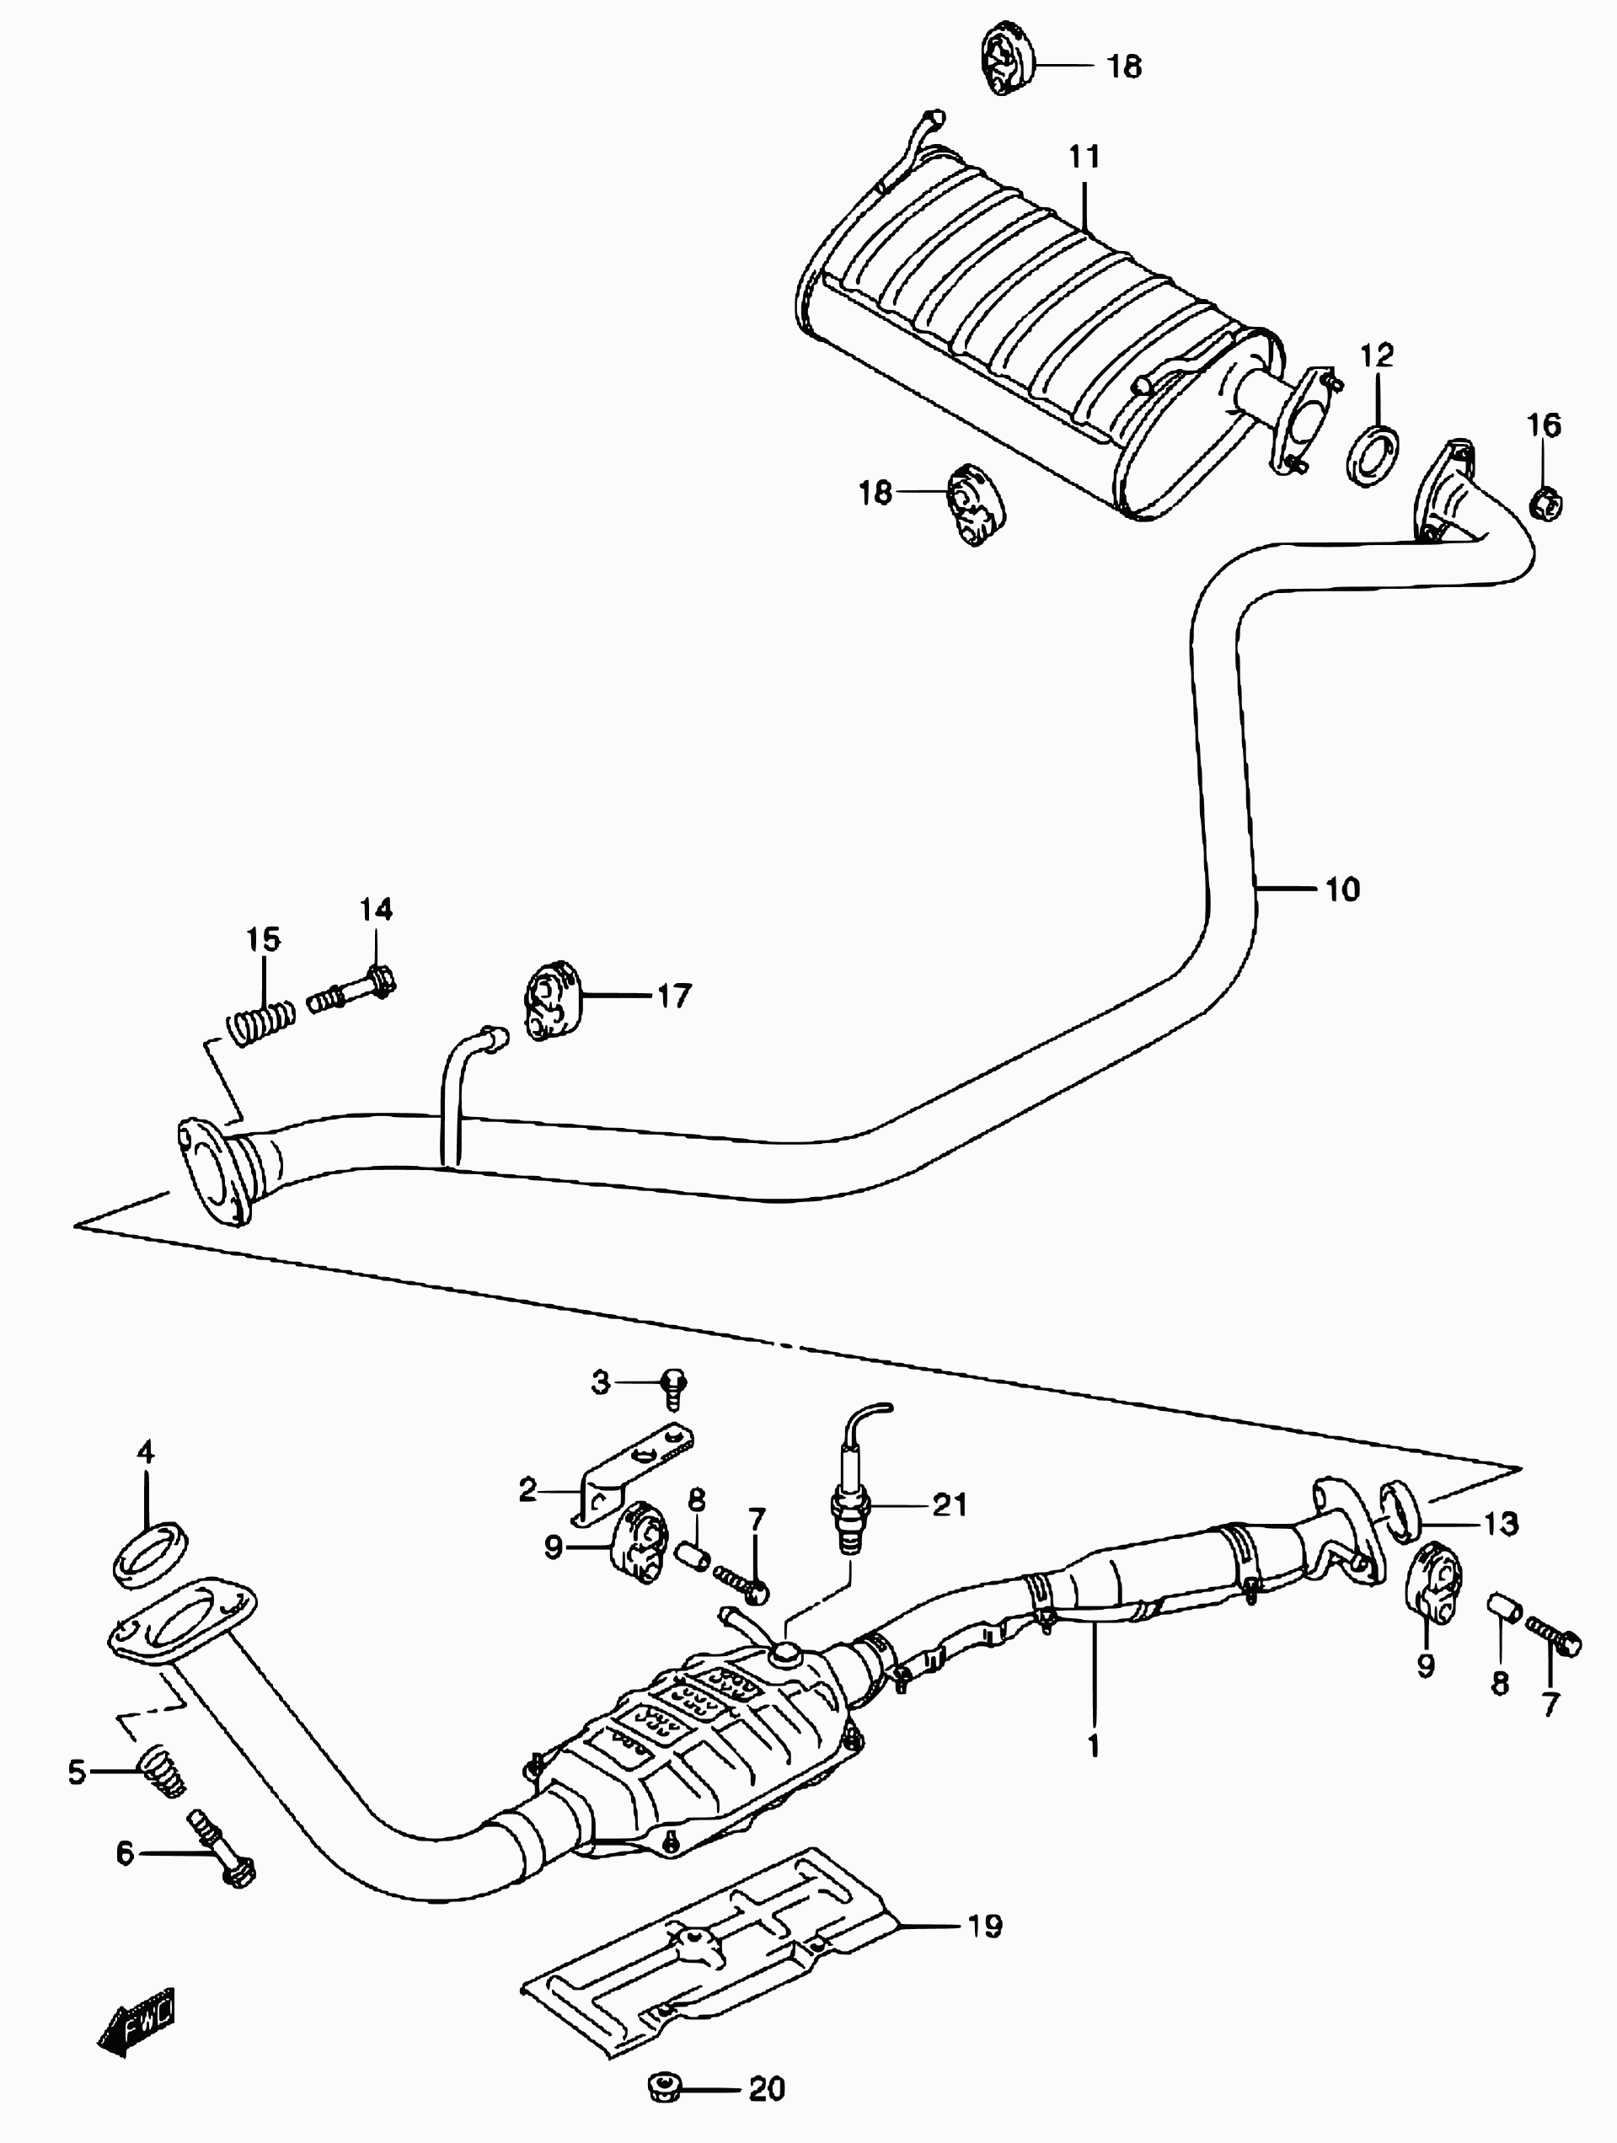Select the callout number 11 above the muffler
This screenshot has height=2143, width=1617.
(1084, 156)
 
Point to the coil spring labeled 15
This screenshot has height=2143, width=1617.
(260, 1021)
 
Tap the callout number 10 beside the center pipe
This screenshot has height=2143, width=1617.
(1341, 889)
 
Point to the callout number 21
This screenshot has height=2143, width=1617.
(950, 1504)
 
